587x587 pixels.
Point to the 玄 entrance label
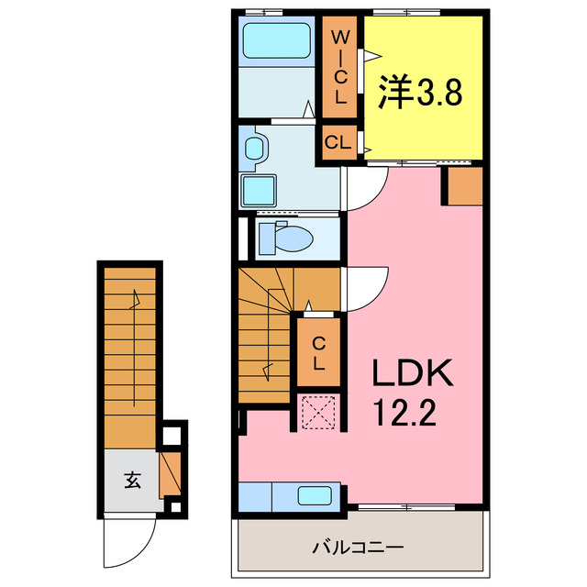tap(132, 479)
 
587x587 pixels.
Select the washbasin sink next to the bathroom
tap(255, 148)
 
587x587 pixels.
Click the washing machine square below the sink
tap(260, 192)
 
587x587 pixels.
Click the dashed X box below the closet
tap(319, 412)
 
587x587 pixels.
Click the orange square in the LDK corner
tap(465, 186)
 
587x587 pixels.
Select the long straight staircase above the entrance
tap(130, 349)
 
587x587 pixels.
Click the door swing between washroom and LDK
tap(365, 185)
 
